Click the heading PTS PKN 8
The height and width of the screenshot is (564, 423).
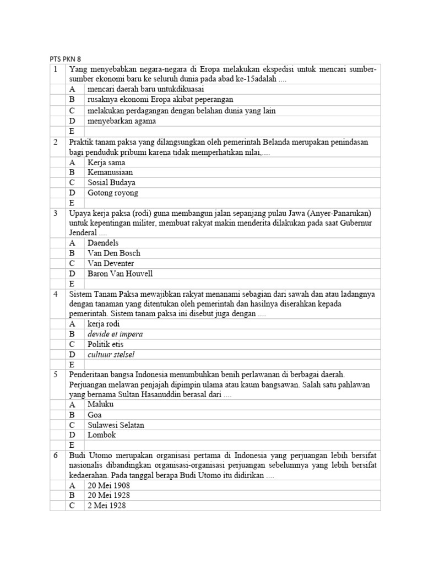click(65, 59)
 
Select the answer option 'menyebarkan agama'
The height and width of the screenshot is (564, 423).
click(121, 121)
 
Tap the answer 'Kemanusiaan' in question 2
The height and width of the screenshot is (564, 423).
click(110, 172)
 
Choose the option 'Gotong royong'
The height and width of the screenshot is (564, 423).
click(113, 193)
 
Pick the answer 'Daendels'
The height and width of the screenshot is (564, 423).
click(103, 243)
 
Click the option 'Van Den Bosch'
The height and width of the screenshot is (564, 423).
click(114, 253)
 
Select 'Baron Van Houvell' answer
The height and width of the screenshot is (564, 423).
click(120, 274)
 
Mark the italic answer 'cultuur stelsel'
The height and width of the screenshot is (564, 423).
click(111, 355)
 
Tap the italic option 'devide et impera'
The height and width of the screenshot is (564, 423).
click(115, 334)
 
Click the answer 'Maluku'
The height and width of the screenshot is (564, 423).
click(100, 404)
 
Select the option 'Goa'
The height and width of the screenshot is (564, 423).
click(95, 415)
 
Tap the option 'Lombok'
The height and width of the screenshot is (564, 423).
click(101, 435)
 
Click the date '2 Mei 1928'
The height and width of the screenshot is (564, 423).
click(106, 506)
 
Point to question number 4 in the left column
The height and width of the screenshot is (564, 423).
click(56, 294)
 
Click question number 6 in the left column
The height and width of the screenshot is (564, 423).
click(56, 455)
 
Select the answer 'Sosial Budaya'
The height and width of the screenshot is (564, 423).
click(111, 182)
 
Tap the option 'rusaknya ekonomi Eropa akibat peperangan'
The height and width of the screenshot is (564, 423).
click(160, 100)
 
